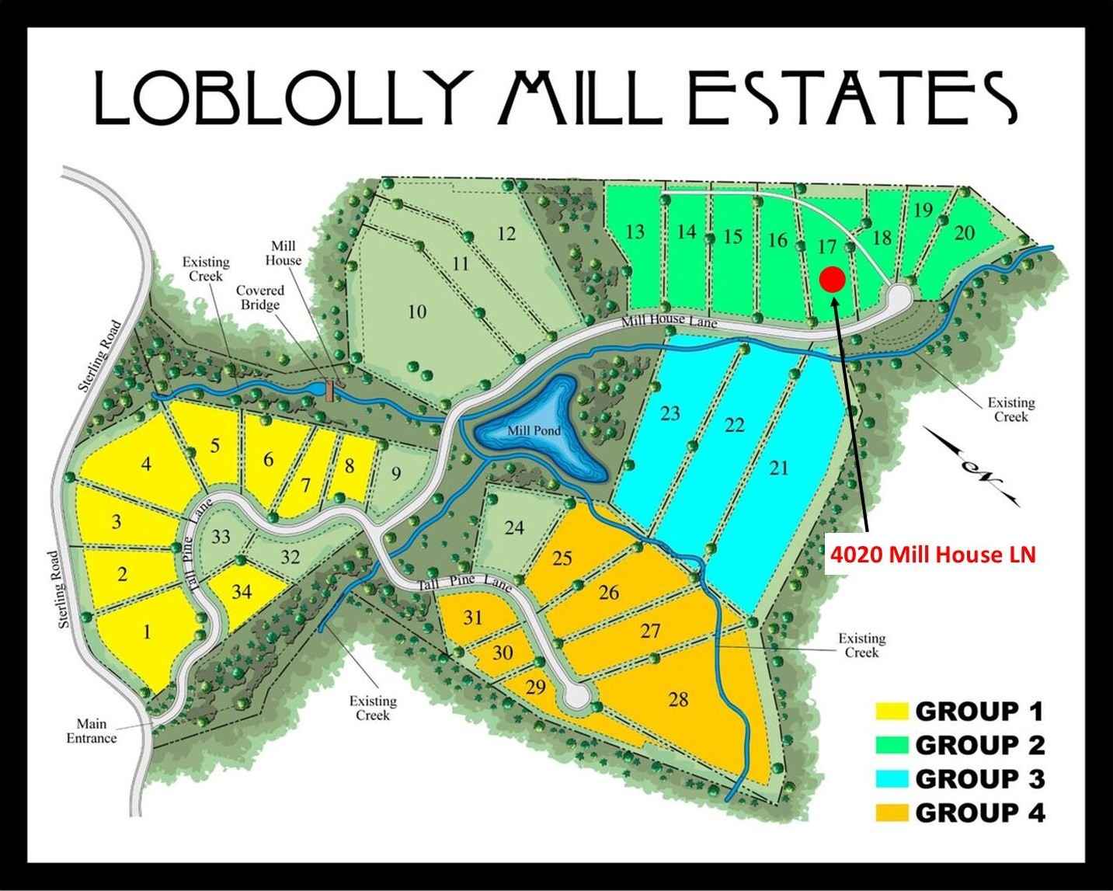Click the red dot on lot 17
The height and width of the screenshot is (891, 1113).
(x=832, y=279)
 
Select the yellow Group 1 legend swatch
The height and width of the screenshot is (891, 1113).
(x=892, y=711)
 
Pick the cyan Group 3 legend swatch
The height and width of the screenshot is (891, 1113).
(x=892, y=778)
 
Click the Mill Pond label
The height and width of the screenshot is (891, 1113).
(x=534, y=431)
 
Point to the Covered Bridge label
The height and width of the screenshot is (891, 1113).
(x=260, y=298)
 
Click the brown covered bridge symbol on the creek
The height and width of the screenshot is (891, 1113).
(x=330, y=390)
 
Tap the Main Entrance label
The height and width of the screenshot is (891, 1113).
(x=91, y=732)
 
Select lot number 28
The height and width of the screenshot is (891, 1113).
(x=678, y=700)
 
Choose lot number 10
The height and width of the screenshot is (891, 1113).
(x=417, y=312)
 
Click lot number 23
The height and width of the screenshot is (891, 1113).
(x=670, y=412)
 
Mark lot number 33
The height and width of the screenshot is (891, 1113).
(x=221, y=536)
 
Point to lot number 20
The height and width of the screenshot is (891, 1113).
(x=964, y=232)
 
